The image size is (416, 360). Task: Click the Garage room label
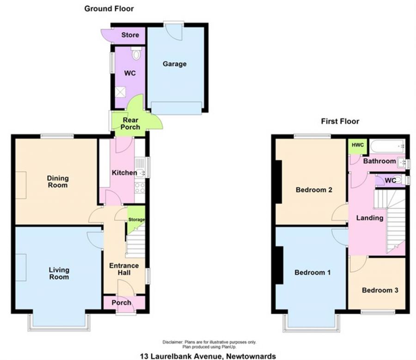click(x=175, y=64)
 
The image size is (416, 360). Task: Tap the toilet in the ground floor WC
click(x=136, y=53)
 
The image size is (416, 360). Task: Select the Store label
click(x=130, y=35)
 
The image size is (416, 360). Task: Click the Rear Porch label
click(x=130, y=124)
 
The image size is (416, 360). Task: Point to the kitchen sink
click(x=140, y=169)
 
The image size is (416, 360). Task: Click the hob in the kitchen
click(x=140, y=188)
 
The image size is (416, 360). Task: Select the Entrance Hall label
click(x=124, y=269)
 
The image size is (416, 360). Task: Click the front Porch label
click(x=121, y=302)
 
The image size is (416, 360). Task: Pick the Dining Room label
click(x=58, y=182)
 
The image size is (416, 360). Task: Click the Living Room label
click(x=59, y=274)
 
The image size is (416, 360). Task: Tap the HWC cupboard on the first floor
click(x=358, y=146)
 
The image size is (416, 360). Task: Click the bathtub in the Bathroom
click(x=388, y=146)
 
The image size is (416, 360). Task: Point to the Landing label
click(x=370, y=218)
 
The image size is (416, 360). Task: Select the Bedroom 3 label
click(x=380, y=290)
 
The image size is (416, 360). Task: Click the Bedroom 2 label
click(x=314, y=190)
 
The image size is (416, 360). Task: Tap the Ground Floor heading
click(x=109, y=9)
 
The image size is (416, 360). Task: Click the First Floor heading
click(x=340, y=122)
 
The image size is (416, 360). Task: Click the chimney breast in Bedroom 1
click(x=279, y=265)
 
